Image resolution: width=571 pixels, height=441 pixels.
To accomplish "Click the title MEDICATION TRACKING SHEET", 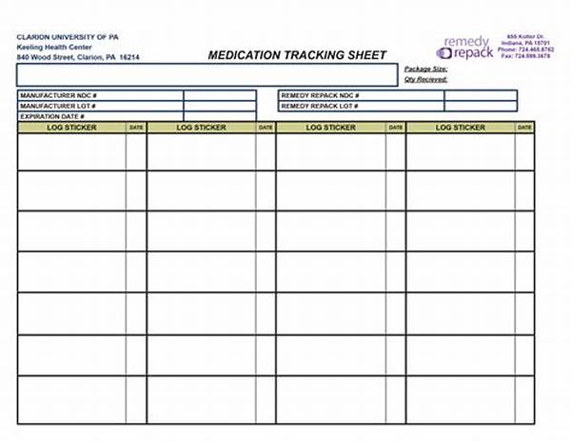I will [297, 55].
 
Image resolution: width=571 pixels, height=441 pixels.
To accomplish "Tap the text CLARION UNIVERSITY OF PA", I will [68, 36].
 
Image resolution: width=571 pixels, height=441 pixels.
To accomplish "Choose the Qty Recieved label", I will [426, 80].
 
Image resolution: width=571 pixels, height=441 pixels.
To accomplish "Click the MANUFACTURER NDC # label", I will [59, 96].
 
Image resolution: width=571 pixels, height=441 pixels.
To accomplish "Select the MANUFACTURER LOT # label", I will [59, 107].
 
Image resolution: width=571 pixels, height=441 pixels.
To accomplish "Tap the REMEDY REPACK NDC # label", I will [320, 96].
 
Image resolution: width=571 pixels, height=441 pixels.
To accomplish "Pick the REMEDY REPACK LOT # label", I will [320, 107].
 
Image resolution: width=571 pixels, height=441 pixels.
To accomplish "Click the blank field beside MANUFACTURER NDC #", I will [220, 96].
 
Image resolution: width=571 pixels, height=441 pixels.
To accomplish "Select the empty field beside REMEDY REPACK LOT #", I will [481, 107].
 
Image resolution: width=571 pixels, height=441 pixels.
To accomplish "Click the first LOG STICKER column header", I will [72, 128].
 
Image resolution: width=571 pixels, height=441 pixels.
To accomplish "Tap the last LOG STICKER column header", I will [461, 128].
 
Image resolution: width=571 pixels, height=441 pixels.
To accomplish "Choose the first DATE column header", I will [136, 128].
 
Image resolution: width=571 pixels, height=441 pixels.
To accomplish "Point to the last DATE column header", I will [524, 128].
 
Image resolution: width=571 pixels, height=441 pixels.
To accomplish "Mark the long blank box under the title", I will [207, 75].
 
